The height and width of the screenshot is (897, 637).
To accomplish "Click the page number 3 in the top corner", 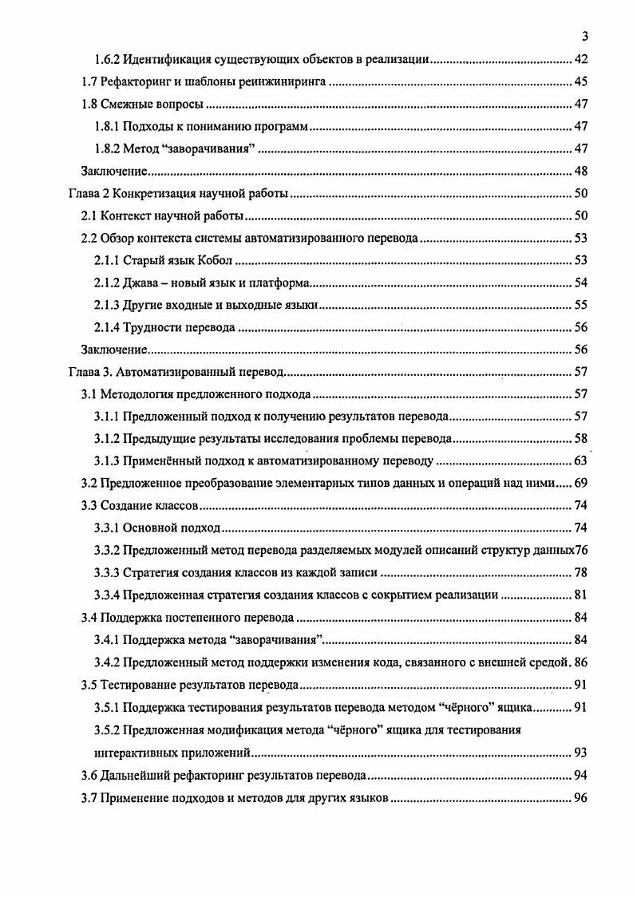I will click(x=585, y=37).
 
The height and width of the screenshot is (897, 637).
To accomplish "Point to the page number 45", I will click(x=581, y=82).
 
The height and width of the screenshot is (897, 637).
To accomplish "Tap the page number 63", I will click(x=581, y=460).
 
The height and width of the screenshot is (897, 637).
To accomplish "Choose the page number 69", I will click(x=581, y=483).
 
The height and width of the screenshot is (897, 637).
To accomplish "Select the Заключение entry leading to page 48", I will click(x=116, y=172).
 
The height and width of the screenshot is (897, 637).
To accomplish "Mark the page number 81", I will click(x=581, y=595).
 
